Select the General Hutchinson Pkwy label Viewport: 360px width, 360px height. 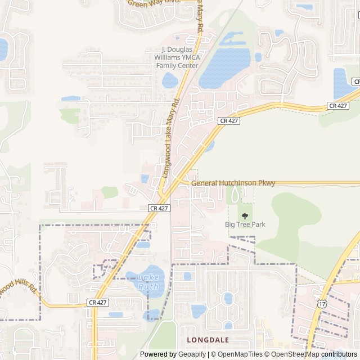pyautogui.click(x=233, y=183)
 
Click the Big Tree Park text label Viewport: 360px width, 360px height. pyautogui.click(x=245, y=224)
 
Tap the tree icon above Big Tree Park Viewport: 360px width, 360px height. pyautogui.click(x=245, y=215)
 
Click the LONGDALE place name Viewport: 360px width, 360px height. pyautogui.click(x=208, y=340)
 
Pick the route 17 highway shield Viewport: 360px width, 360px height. pyautogui.click(x=321, y=304)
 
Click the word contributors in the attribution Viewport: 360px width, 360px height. pyautogui.click(x=340, y=354)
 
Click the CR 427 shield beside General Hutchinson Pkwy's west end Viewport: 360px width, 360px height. pyautogui.click(x=159, y=208)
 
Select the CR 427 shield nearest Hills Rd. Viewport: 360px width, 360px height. pyautogui.click(x=97, y=303)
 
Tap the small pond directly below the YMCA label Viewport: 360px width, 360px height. pyautogui.click(x=170, y=81)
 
